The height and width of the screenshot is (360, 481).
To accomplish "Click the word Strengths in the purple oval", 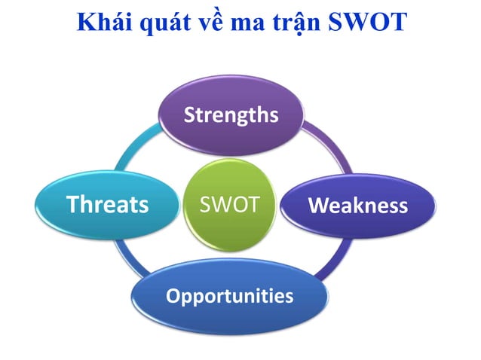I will (231, 115).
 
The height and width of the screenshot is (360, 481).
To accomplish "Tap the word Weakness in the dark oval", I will (358, 205).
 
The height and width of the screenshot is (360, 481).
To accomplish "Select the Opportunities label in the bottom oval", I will (229, 295).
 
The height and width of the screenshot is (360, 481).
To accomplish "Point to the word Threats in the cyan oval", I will (107, 204).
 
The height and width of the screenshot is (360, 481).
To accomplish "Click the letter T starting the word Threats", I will (73, 204).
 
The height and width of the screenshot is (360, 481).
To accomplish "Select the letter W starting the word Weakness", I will (319, 205).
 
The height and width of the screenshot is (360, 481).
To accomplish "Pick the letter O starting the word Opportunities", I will (173, 294).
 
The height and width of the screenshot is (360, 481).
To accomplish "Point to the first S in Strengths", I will (190, 115).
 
